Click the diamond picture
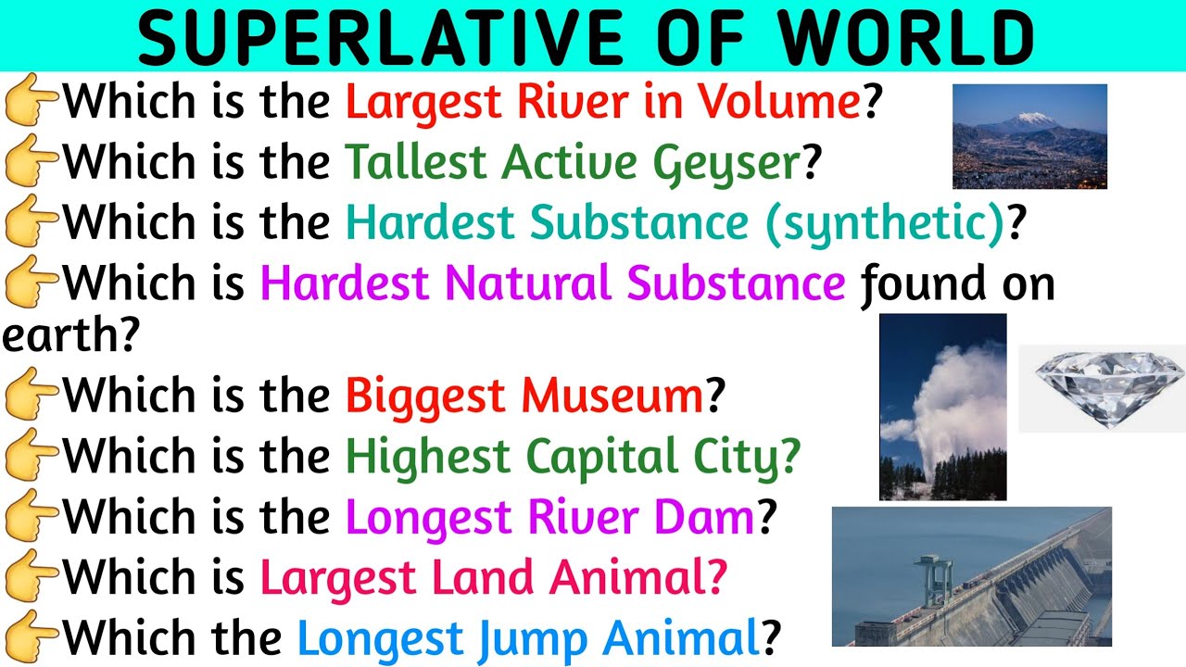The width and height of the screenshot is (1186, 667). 1102,388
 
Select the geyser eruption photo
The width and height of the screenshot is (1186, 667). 942,407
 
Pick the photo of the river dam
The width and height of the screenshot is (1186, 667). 971,576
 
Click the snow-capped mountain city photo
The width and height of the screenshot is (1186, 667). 1029,136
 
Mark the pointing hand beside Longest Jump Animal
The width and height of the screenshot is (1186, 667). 31,638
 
